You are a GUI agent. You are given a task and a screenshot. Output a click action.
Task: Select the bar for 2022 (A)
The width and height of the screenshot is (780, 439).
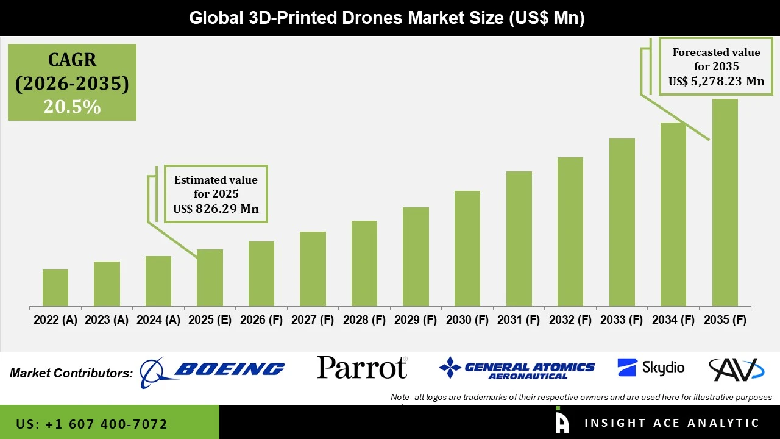[x=55, y=288]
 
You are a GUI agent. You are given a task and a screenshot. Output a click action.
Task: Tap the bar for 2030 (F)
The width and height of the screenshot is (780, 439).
[x=467, y=248]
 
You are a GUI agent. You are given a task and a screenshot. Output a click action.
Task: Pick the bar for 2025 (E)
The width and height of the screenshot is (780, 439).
[x=210, y=277]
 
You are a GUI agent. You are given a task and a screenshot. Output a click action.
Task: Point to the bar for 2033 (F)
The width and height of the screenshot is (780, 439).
[x=622, y=222]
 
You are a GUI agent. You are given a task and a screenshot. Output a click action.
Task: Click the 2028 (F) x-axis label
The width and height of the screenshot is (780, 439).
[x=364, y=320]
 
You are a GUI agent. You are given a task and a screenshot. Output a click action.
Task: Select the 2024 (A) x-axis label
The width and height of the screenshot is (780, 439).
[x=158, y=320]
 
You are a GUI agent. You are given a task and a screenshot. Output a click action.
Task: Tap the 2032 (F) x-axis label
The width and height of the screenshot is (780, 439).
[x=570, y=320]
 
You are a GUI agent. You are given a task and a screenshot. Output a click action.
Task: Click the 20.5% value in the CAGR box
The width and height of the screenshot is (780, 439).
[x=72, y=107]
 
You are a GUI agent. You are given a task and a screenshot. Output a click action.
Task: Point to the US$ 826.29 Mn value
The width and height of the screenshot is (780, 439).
[x=216, y=209]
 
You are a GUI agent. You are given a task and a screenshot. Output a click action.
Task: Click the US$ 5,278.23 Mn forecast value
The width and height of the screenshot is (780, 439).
[x=716, y=81]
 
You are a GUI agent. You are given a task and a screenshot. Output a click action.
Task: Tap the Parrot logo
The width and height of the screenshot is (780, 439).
[x=362, y=368]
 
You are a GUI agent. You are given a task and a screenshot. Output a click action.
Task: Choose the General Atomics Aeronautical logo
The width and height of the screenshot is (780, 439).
[x=517, y=368]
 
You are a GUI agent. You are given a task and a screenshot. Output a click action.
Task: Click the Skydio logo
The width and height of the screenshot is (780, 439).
[x=651, y=368]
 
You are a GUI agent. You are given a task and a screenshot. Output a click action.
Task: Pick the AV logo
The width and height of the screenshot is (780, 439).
[x=736, y=369]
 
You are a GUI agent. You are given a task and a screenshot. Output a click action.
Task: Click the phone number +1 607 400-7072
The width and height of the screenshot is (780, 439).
[x=92, y=424]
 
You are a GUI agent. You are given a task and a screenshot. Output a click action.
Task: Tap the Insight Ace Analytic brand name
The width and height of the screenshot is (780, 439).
[x=672, y=423]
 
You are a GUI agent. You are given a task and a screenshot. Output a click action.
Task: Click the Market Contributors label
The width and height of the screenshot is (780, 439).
[x=71, y=373]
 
